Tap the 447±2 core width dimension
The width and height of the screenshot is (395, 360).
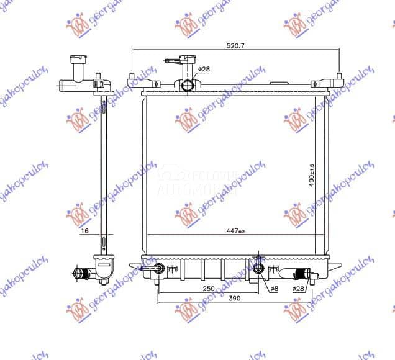(235, 231)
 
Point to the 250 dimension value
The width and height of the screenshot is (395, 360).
(209, 287)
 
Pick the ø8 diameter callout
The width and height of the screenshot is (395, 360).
(274, 288)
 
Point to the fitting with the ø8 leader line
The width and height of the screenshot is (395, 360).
(259, 269)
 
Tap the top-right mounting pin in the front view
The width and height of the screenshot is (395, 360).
(338, 79)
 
